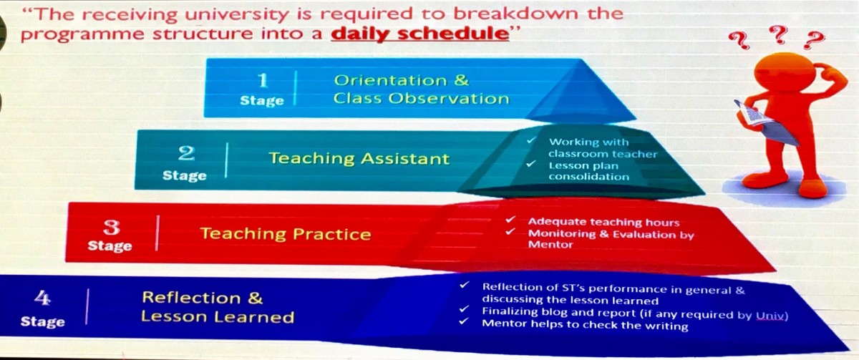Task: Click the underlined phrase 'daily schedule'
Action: [420, 34]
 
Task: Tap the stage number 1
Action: [263, 80]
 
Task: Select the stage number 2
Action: [186, 153]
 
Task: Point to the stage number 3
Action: [112, 228]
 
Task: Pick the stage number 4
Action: [42, 298]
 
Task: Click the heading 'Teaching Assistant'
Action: [359, 158]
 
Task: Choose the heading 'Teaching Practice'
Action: [286, 233]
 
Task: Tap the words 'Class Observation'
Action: [421, 99]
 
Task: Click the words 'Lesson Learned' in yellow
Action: [218, 316]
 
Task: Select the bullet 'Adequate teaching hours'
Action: [603, 222]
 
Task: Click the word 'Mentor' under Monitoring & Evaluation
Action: [550, 245]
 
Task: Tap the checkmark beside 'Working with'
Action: [531, 141]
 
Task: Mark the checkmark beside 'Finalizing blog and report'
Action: [464, 308]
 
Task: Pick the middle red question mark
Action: [778, 35]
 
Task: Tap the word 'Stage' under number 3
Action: [110, 245]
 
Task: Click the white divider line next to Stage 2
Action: [227, 160]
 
